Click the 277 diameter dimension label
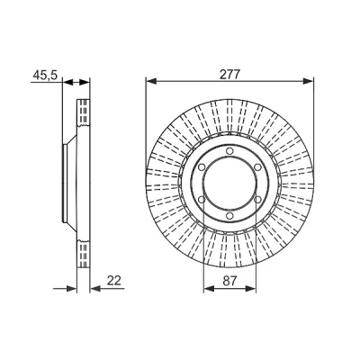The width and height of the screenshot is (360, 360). [x=229, y=74]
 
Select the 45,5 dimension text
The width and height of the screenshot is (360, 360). [x=45, y=75]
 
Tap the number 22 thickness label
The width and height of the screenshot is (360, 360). [x=114, y=281]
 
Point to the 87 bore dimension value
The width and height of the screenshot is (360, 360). [x=230, y=281]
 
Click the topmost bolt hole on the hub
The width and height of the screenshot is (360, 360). [x=229, y=150]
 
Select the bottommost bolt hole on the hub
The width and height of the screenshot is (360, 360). [x=229, y=216]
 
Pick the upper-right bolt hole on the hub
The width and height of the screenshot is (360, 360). [x=257, y=167]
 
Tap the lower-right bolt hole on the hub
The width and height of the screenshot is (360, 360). [x=257, y=200]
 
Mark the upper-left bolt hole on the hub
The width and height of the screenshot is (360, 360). [x=202, y=167]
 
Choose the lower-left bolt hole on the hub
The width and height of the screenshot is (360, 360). [x=202, y=200]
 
